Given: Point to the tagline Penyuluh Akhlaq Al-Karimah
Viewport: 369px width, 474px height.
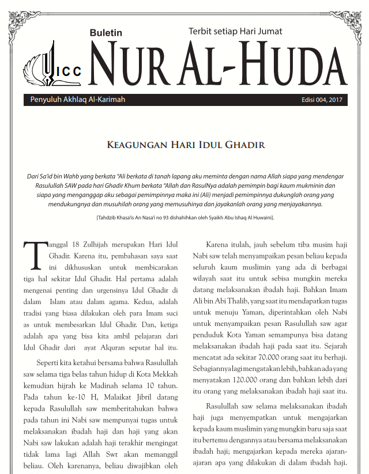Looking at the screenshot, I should point(78,100).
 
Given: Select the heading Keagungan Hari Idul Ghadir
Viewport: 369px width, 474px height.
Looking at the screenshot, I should point(186,145).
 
